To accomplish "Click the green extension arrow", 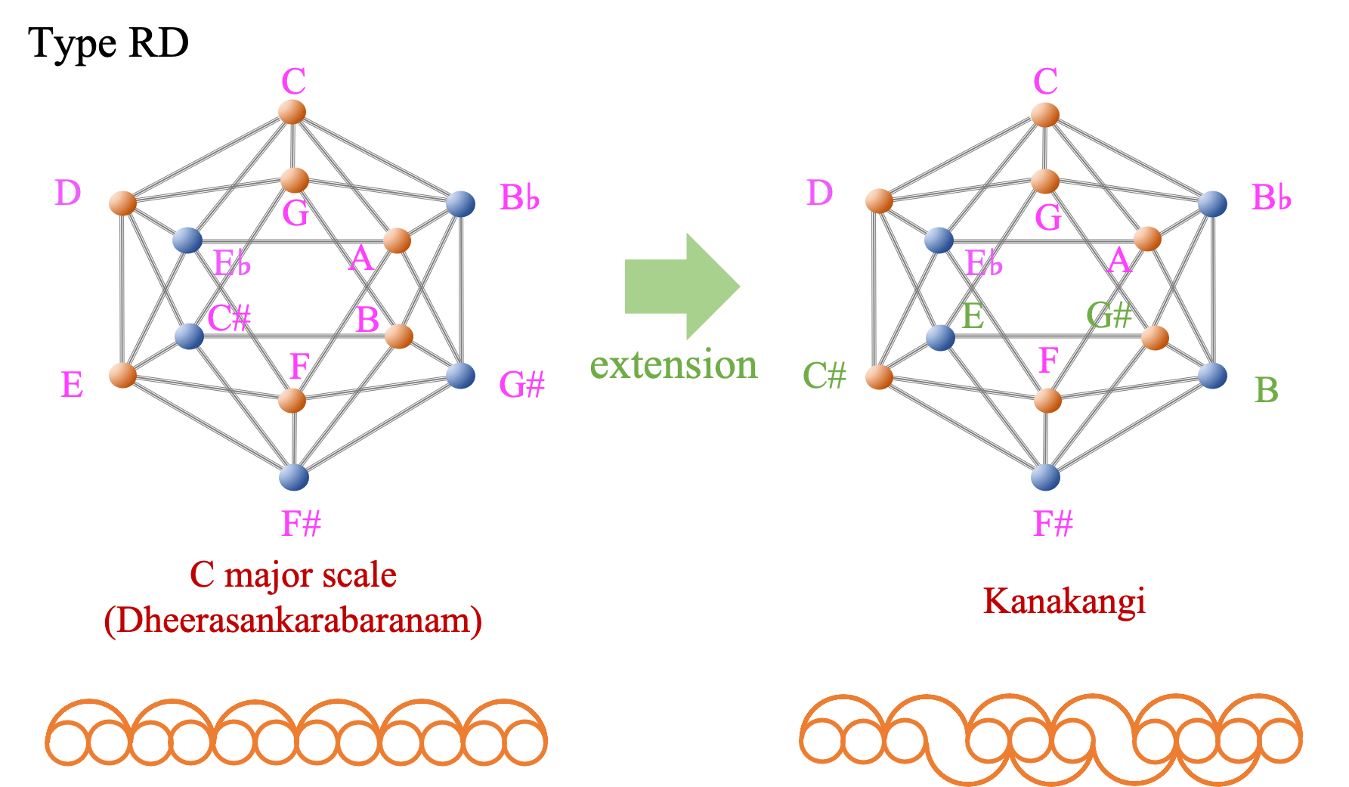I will (x=676, y=287).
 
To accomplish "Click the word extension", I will (x=673, y=366).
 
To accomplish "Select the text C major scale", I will (x=293, y=575).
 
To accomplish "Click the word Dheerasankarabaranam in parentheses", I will (x=293, y=621).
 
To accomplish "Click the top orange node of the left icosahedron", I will (x=292, y=112).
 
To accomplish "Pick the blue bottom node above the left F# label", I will (x=294, y=477).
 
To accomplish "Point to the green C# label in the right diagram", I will (x=825, y=376).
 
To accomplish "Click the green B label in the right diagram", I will (x=1267, y=391).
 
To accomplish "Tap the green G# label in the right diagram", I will (x=1109, y=315).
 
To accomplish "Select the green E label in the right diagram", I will (x=973, y=315).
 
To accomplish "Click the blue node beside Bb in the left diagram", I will (x=460, y=203).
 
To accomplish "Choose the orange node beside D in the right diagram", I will (x=879, y=201).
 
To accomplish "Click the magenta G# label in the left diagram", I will (x=522, y=386).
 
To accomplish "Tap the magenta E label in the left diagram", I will (x=72, y=386).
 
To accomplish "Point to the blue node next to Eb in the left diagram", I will (x=187, y=240).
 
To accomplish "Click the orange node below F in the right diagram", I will (x=1047, y=401).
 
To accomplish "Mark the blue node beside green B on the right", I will (x=1212, y=375).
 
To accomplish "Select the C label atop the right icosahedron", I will (x=1046, y=82).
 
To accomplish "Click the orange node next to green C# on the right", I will (x=879, y=376).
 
